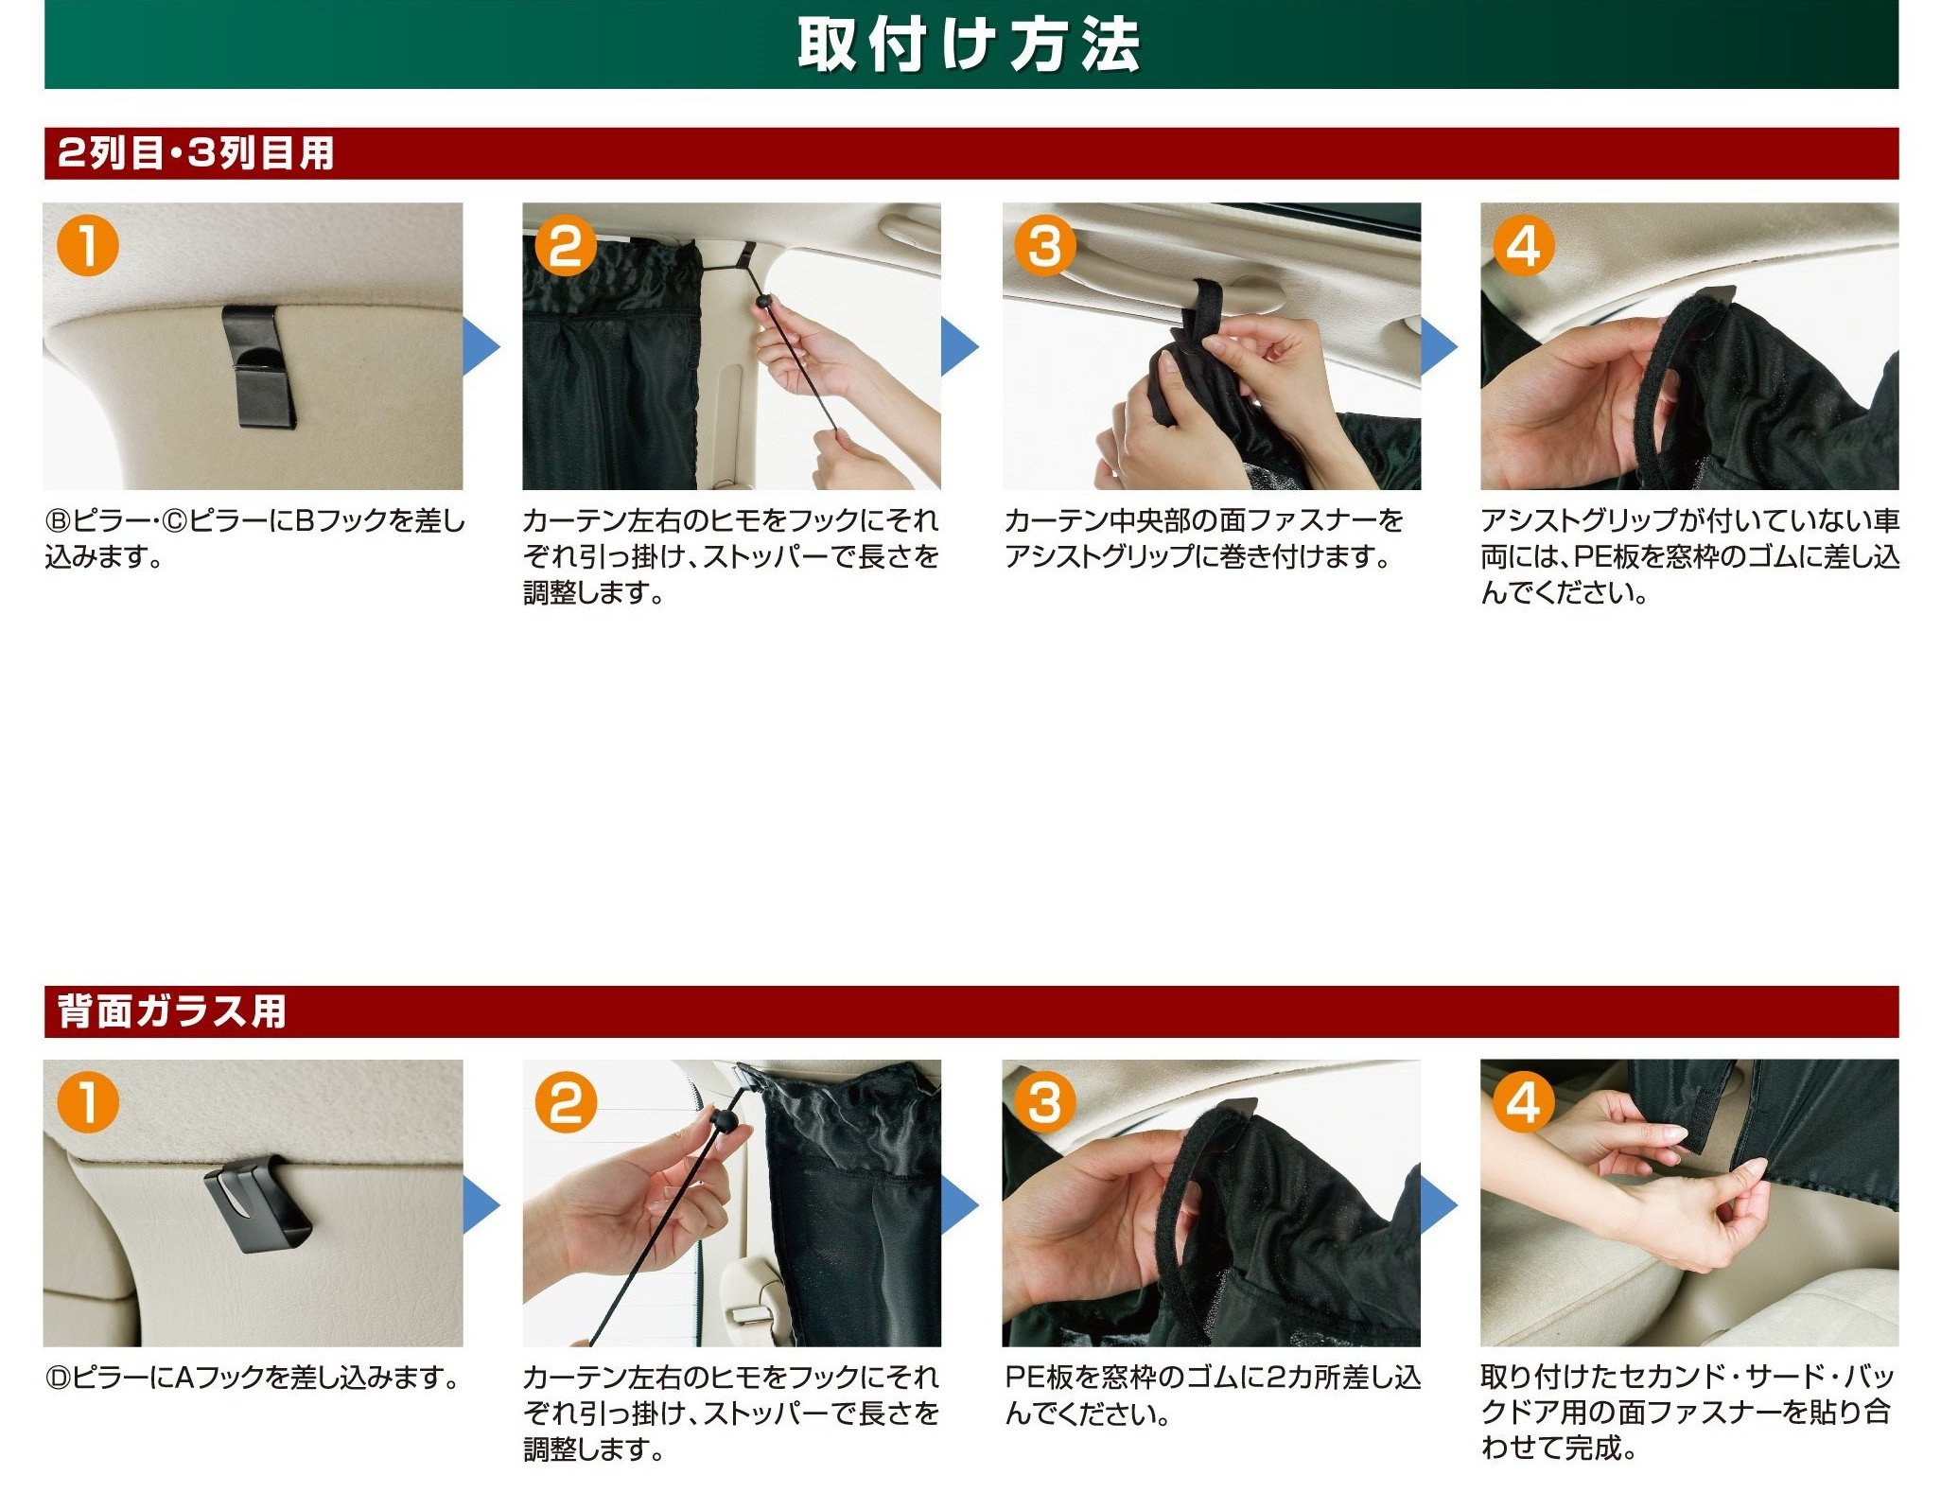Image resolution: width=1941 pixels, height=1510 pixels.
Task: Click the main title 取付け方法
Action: [x=969, y=44]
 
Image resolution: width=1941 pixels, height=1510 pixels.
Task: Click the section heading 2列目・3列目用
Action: [x=196, y=153]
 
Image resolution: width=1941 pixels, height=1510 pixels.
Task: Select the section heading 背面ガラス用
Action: [x=172, y=1010]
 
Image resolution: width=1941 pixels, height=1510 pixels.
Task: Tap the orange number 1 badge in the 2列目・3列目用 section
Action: [x=87, y=246]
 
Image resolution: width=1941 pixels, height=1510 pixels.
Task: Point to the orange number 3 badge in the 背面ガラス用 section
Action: [x=1044, y=1102]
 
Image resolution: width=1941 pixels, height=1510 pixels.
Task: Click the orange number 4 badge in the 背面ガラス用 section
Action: [x=1523, y=1102]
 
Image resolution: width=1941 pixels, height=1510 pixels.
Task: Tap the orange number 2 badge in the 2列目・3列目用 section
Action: [x=566, y=246]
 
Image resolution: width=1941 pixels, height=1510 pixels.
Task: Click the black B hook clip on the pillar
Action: [x=258, y=366]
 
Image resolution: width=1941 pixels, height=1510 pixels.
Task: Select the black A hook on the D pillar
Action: [x=257, y=1204]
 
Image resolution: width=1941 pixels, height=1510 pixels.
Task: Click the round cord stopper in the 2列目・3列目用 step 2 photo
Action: [x=763, y=302]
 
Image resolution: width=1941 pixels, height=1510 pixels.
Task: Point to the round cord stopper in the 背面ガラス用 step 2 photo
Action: [x=724, y=1121]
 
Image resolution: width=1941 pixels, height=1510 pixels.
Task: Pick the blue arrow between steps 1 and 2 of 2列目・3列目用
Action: [x=481, y=346]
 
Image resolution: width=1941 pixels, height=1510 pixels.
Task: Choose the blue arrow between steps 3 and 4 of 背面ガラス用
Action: [x=1440, y=1204]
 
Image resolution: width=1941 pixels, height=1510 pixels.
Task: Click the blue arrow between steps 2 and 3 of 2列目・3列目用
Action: [x=960, y=346]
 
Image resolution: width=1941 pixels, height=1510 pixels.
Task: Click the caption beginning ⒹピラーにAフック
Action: [x=253, y=1377]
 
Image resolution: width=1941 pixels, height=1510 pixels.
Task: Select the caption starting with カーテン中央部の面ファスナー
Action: [x=1204, y=537]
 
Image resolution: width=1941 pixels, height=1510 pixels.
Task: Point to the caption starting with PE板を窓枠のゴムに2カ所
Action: [x=1213, y=1395]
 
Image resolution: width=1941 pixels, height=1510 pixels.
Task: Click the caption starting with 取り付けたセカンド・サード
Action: [x=1689, y=1412]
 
